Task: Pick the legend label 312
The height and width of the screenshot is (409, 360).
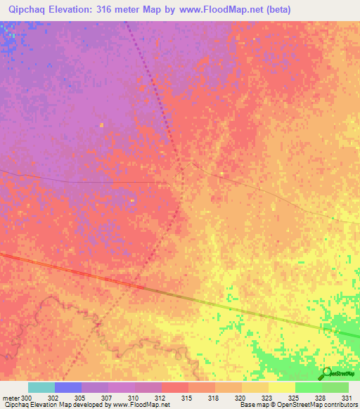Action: pos(160,397)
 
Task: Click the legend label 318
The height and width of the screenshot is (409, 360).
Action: pos(213,397)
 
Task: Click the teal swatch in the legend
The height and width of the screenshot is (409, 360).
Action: pos(41,387)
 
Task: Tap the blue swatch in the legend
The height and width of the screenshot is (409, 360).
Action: pos(68,387)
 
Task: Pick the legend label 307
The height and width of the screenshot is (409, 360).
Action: pos(106,397)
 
